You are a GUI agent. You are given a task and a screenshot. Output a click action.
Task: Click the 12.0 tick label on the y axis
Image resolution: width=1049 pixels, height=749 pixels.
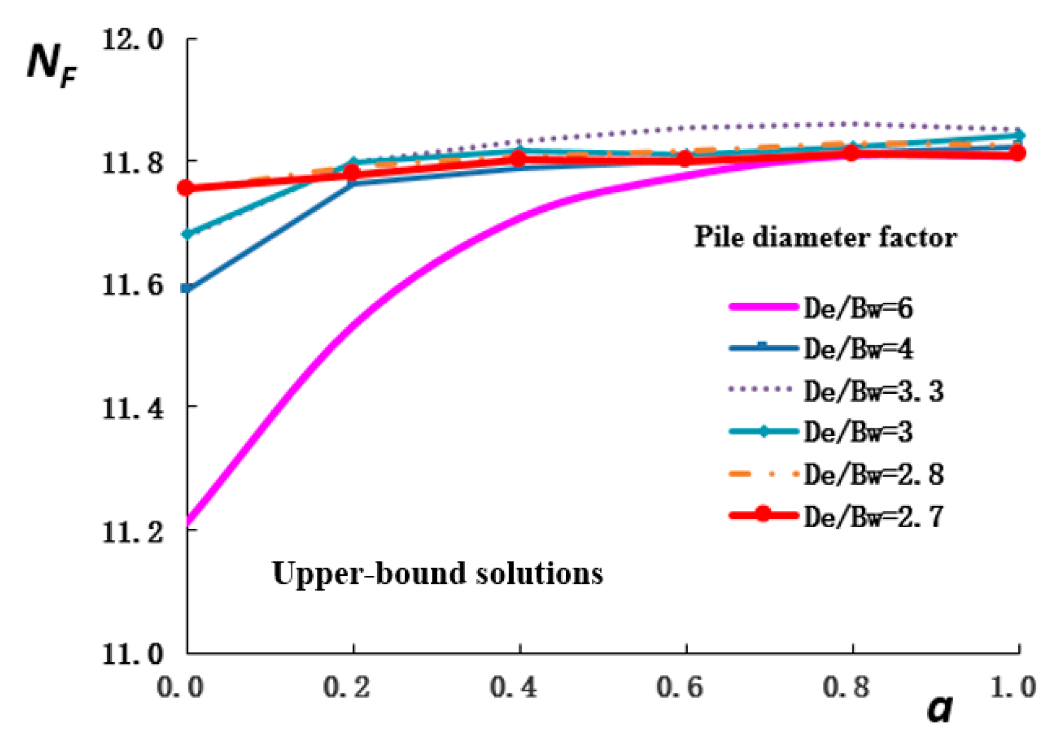click(x=132, y=39)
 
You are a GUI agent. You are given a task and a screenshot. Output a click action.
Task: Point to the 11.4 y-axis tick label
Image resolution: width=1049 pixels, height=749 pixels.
click(x=132, y=408)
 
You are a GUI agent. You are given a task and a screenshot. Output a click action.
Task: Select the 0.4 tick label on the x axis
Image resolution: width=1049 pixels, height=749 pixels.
click(x=513, y=687)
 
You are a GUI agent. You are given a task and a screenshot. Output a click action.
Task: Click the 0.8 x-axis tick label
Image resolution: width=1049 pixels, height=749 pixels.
click(x=846, y=687)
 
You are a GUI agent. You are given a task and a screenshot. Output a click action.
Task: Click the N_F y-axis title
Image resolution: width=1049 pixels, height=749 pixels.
click(x=51, y=65)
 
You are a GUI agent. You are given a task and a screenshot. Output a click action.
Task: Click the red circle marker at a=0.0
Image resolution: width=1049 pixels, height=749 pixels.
click(x=186, y=188)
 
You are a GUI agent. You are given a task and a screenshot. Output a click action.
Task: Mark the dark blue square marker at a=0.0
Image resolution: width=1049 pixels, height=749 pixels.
click(x=186, y=288)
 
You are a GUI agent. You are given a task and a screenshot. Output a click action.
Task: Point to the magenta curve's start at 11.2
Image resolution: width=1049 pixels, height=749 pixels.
click(x=188, y=523)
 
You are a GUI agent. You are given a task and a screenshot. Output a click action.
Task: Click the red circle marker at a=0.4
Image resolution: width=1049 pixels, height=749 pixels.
click(x=519, y=159)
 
